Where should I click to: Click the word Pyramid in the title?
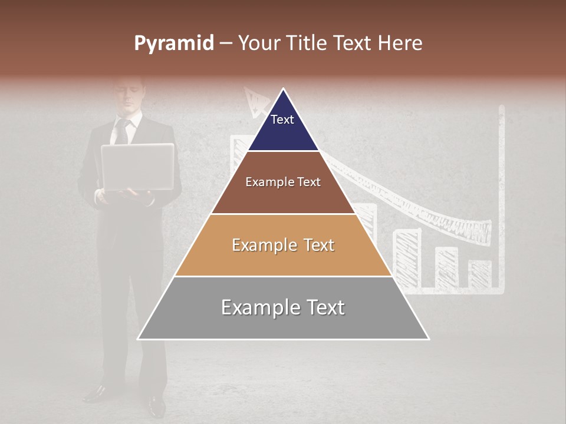173,44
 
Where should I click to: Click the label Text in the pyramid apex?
282,120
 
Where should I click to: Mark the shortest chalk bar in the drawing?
480,273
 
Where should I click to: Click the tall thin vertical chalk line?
502,194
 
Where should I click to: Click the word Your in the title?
258,43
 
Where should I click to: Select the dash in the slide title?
225,43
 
